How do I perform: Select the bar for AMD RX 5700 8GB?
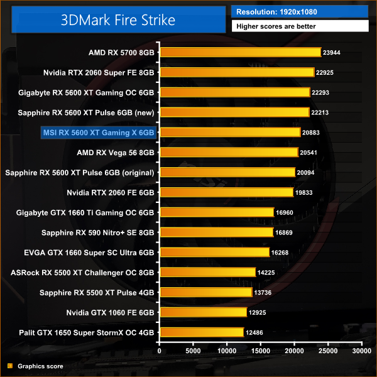(x=240, y=53)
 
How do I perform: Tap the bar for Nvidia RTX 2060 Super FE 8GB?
(x=237, y=72)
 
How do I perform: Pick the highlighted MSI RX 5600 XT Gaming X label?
(x=97, y=133)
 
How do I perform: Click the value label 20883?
(x=312, y=133)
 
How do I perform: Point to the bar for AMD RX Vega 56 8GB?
(x=229, y=152)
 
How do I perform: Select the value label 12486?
(x=256, y=332)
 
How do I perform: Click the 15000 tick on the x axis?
(x=261, y=351)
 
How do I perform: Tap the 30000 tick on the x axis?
(x=361, y=351)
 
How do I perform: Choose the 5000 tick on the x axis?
(x=194, y=351)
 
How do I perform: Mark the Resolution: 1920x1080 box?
(x=300, y=11)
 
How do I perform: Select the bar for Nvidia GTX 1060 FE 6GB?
(x=203, y=312)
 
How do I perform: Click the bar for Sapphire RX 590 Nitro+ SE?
(x=216, y=232)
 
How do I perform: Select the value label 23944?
(x=332, y=53)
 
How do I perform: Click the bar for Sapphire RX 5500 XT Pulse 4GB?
(x=205, y=292)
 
